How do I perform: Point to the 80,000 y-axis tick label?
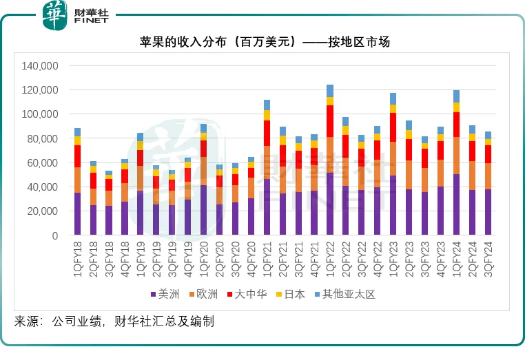point(41,139)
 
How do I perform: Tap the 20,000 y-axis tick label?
point(41,211)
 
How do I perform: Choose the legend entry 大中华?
point(247,295)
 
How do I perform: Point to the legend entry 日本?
point(290,295)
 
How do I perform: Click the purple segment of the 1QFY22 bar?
point(330,204)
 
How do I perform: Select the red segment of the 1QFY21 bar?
point(267,133)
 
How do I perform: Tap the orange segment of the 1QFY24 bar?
point(456,156)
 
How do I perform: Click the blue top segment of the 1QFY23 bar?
point(393,98)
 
